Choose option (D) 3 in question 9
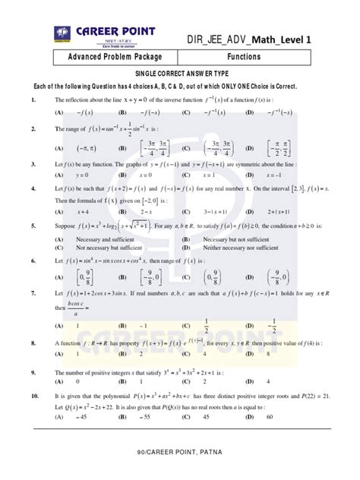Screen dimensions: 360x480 coord(297,384)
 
